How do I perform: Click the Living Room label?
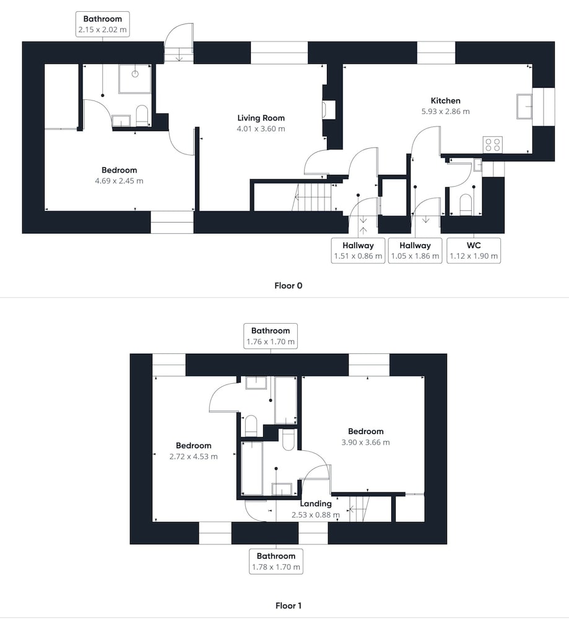pos(261,118)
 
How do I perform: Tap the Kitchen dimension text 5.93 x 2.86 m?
pos(445,112)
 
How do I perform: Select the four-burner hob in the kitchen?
pos(493,144)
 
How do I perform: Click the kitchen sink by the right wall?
pos(524,107)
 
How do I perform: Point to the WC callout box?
pos(474,250)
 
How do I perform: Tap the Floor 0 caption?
pos(289,285)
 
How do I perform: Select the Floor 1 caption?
pos(289,606)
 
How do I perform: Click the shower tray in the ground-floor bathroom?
pos(135,79)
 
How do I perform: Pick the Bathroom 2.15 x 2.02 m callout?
pos(103,24)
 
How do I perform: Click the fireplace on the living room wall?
pos(329,109)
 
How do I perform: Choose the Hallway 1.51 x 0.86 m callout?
pos(358,250)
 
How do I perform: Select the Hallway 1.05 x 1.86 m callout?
pos(415,250)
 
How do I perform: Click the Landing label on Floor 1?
pos(316,503)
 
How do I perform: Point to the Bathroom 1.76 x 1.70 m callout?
pos(271,336)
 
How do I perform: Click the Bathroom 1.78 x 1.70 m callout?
pos(276,562)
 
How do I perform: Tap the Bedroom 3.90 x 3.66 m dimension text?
pos(366,443)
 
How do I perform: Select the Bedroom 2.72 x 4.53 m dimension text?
pos(193,457)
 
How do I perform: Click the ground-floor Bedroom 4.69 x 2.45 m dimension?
pos(119,181)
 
